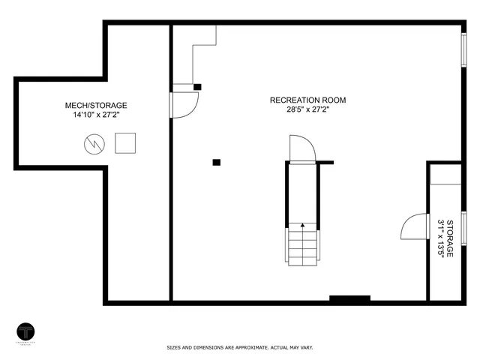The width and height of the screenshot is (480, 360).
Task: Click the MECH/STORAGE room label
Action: click(96, 106)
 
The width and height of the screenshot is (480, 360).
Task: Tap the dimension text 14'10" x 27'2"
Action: click(96, 116)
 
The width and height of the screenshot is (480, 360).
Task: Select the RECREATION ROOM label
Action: click(308, 100)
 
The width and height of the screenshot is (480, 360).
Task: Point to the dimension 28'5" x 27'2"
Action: click(308, 110)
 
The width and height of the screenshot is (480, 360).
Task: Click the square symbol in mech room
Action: click(125, 142)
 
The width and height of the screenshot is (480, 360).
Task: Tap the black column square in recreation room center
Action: click(217, 161)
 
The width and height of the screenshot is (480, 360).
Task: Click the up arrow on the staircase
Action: click(303, 224)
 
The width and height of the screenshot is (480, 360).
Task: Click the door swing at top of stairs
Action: click(301, 148)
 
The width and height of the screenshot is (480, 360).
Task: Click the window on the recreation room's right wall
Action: click(463, 49)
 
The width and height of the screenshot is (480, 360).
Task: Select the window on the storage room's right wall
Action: click(463, 228)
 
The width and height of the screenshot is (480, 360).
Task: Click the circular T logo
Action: click(27, 331)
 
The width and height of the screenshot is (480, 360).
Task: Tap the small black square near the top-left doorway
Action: click(197, 86)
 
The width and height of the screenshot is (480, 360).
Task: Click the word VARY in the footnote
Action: click(305, 348)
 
